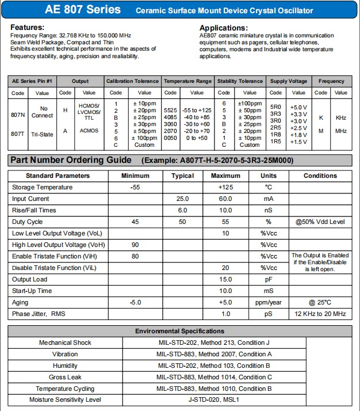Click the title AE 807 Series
(x=83, y=10)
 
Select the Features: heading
(x=28, y=28)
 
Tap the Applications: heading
(x=224, y=28)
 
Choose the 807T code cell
(x=18, y=134)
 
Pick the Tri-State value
(x=43, y=134)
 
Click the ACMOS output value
(x=89, y=131)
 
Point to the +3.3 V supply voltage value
(x=298, y=114)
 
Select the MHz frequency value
(x=341, y=131)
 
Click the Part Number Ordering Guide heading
(x=71, y=160)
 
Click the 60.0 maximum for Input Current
(x=225, y=199)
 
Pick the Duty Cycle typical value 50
(x=182, y=222)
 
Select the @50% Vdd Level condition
(x=320, y=222)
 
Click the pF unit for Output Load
(x=268, y=279)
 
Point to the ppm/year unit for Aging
(x=268, y=302)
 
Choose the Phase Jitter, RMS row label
(x=38, y=314)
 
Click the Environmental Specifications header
(x=179, y=331)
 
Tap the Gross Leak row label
(x=65, y=377)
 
